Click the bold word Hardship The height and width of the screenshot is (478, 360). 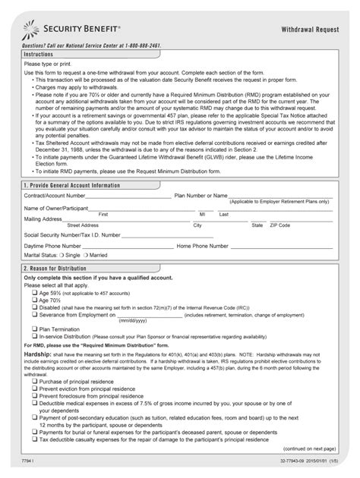coord(37,354)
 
